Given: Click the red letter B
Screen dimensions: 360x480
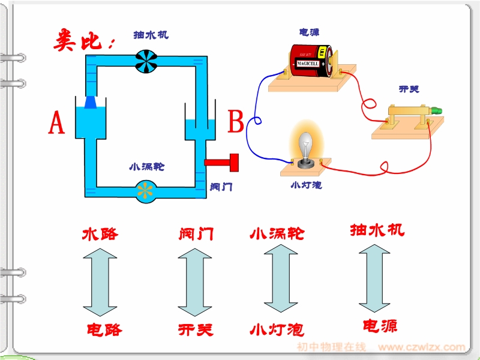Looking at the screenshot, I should pos(236,122).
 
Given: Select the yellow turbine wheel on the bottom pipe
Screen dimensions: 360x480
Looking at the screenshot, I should pos(145,190).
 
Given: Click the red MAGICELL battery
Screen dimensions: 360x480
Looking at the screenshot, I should pos(309,61).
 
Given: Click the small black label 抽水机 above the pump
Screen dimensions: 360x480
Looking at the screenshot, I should pos(151,35).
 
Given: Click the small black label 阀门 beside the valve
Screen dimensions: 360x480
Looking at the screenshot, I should pos(221,187).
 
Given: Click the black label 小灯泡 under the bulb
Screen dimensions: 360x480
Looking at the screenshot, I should pos(305,185).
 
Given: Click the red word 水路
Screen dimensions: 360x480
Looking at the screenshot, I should pos(100,233).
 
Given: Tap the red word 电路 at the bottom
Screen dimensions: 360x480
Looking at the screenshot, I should pos(104,329).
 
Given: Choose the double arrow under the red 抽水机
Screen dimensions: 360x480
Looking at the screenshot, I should pos(377,279).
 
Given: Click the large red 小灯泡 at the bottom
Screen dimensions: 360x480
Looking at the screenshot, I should pos(277,329).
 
